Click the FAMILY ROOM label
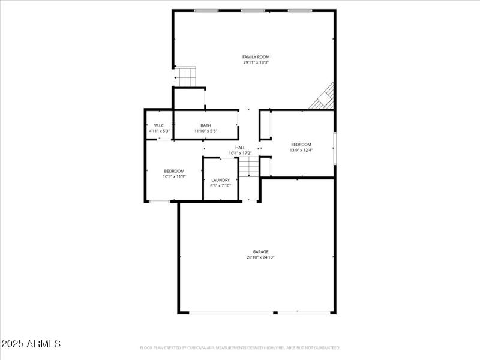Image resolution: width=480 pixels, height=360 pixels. pos(256,57)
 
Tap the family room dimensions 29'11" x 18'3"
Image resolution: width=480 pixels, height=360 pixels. pos(256,62)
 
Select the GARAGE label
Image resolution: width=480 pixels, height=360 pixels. pos(260,252)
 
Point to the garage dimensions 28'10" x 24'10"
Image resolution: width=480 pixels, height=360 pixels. pos(260,257)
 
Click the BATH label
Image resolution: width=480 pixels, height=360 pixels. pos(206,125)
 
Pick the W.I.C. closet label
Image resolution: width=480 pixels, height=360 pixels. pos(159,125)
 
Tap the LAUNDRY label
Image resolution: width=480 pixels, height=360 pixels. pos(220,180)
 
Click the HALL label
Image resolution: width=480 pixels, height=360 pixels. pos(240,148)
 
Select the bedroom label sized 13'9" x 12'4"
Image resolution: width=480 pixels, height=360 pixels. pos(301,144)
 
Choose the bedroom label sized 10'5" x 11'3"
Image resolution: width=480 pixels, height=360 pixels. pos(174,171)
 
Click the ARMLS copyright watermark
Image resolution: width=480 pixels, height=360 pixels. pos(31,344)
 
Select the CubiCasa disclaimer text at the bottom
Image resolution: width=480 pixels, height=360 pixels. pos(240,347)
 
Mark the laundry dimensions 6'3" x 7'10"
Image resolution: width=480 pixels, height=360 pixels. pos(220,185)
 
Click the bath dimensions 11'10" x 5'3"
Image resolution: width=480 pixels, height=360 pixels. pos(206,131)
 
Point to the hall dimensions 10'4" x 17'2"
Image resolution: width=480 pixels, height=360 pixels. pos(240,153)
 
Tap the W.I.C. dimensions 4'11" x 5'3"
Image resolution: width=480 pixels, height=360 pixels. pos(159,131)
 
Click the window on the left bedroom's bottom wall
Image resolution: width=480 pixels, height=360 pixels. pos(159,202)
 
